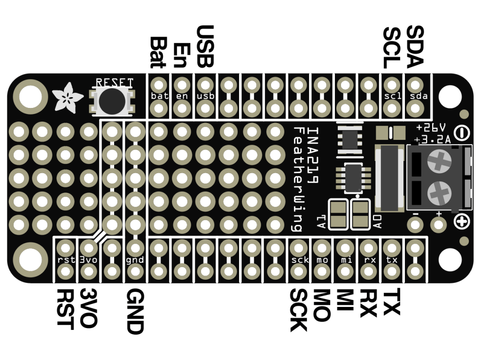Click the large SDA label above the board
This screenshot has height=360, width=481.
pyautogui.click(x=415, y=46)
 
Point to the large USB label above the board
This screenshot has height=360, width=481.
pyautogui.click(x=205, y=46)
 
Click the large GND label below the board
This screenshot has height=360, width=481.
pyautogui.click(x=135, y=311)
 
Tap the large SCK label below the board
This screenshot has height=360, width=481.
pyautogui.click(x=298, y=310)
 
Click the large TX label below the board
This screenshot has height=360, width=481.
pyautogui.click(x=391, y=302)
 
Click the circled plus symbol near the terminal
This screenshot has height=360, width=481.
pyautogui.click(x=462, y=220)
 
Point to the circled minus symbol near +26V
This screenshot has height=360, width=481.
pyautogui.click(x=463, y=133)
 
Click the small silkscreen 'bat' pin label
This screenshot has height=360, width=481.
pyautogui.click(x=159, y=96)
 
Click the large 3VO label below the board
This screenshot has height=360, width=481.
pyautogui.click(x=88, y=308)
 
